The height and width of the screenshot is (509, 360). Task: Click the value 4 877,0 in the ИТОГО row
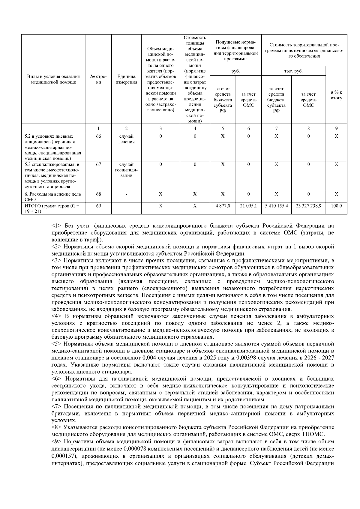[x=223, y=206]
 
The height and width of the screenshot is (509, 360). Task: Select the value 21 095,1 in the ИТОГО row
[x=248, y=206]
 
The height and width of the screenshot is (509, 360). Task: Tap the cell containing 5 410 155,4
[x=276, y=206]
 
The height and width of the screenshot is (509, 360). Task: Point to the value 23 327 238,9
[x=308, y=206]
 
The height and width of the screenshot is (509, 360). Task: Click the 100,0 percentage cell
[x=336, y=206]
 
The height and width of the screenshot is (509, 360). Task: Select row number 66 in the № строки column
[x=99, y=136]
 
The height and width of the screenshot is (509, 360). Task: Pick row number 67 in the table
[x=99, y=164]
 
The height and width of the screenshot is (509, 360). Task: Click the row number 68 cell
[x=99, y=194]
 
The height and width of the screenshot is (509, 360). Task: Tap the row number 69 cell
[x=99, y=206]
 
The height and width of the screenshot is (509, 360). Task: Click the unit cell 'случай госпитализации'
[x=126, y=170]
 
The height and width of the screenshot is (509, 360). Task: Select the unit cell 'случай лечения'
[x=126, y=139]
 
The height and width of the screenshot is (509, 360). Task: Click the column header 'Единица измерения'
[x=126, y=79]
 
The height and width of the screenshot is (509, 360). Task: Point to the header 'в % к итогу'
[x=336, y=95]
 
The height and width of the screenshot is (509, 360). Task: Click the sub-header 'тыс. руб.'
[x=293, y=71]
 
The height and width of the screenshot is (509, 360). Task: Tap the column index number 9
[x=336, y=128]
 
